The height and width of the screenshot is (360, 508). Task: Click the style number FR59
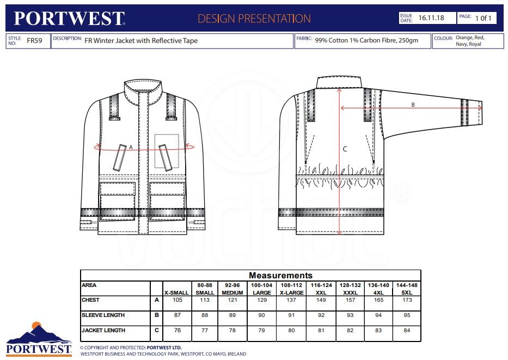pos(34,40)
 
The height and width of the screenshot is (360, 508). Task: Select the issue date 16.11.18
pos(431,18)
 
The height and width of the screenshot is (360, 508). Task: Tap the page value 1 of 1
pos(483,18)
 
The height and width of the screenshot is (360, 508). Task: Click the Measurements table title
pos(280,276)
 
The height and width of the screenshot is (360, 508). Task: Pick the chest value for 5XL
pos(407,300)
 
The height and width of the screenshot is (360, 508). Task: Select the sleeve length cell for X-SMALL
pos(177,315)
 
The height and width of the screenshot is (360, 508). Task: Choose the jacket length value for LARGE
pos(261,331)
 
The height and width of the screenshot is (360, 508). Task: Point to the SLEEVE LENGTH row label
pos(103,315)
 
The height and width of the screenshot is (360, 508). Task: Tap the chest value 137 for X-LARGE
pos(291,300)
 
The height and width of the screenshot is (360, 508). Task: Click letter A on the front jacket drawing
pos(131,148)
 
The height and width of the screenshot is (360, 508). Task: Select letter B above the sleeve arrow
pos(413,105)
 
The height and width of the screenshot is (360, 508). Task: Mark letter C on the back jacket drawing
pos(345,149)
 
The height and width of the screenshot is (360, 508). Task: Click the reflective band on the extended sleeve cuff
pos(464,112)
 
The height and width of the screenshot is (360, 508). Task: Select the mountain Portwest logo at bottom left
pos(39,339)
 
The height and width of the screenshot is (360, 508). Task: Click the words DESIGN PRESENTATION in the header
pos(254,19)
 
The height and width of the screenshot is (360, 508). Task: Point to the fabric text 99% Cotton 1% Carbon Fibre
pos(356,40)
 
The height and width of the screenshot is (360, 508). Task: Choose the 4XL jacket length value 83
pos(378,331)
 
